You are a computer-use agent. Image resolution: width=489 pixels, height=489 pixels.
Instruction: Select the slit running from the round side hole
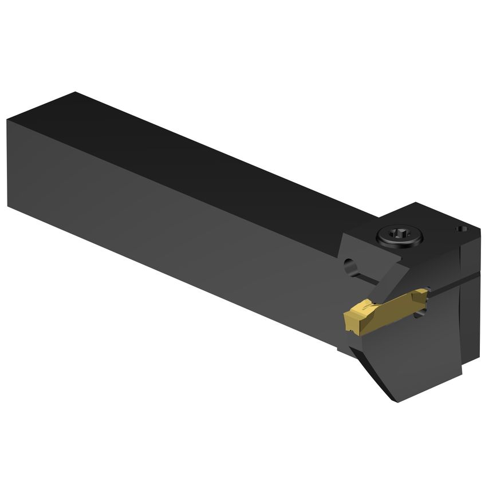pyautogui.click(x=366, y=278)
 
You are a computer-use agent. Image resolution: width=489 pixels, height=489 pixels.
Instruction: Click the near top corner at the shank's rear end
pyautogui.click(x=7, y=120)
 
